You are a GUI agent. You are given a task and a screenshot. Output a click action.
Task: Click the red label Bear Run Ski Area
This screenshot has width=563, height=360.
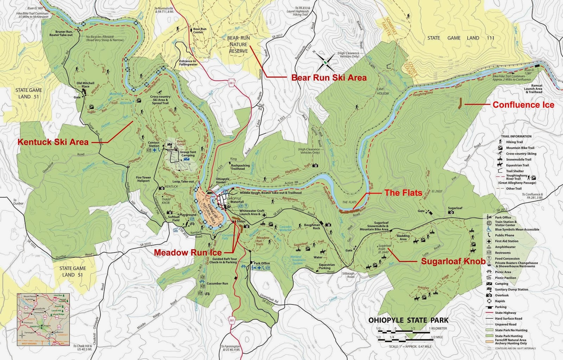329,77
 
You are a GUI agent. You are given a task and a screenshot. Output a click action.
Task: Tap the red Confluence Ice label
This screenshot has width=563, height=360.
523,105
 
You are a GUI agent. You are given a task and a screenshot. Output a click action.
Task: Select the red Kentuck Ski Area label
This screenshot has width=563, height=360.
53,142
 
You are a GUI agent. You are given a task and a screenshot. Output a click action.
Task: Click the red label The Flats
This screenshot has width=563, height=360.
403,192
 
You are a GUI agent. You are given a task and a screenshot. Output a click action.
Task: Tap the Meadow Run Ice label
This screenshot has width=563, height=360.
188,252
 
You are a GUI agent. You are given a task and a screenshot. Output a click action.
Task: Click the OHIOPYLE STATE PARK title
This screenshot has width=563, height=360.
408,320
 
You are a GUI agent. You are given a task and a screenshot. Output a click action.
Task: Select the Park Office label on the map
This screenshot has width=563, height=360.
261,263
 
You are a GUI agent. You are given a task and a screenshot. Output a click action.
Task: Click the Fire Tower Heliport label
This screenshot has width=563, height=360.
143,179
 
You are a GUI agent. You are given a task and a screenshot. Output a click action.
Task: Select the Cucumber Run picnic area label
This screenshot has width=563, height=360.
217,283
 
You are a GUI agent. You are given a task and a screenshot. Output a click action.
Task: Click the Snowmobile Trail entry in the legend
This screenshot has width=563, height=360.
519,159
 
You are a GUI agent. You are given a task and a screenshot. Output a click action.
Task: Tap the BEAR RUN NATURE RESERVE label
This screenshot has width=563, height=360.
239,44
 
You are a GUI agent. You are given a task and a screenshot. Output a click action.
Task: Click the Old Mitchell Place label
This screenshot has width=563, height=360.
86,85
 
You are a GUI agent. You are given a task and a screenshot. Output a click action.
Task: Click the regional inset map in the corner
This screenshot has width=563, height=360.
43,319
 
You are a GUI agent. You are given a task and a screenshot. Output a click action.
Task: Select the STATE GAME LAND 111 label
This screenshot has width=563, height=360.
461,38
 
